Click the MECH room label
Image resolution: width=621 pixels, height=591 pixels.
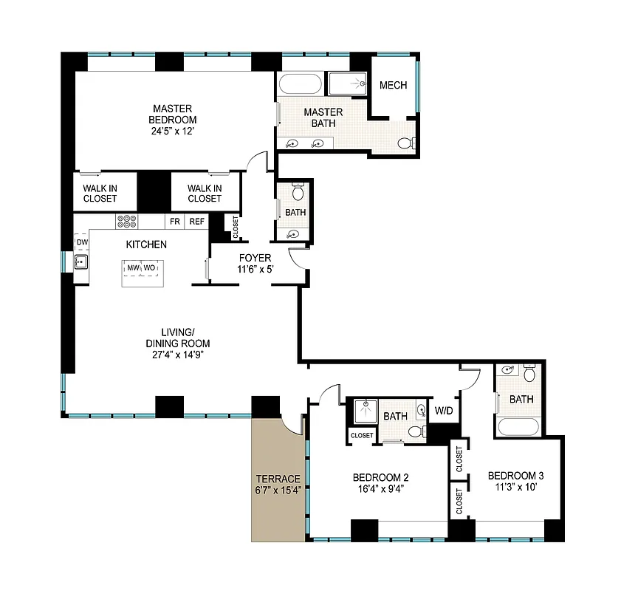[393, 86]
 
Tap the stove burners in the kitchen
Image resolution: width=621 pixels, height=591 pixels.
[126, 221]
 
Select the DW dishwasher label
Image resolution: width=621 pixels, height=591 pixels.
[81, 242]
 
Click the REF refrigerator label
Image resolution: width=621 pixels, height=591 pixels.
[196, 221]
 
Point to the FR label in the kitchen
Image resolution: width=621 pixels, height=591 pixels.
[175, 221]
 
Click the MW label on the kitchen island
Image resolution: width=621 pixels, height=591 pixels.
[133, 267]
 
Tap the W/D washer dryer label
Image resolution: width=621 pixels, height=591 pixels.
[444, 411]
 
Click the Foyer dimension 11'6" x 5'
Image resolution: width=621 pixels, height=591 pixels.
[255, 270]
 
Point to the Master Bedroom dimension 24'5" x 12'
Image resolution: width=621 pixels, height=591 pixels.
[173, 131]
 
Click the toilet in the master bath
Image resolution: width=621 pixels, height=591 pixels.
[405, 143]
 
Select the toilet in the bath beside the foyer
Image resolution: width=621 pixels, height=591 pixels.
[298, 193]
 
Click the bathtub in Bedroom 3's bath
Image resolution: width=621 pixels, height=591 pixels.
[520, 426]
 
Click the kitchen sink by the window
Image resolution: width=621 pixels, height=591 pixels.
[81, 262]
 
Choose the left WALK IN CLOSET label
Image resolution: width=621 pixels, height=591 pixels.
[99, 193]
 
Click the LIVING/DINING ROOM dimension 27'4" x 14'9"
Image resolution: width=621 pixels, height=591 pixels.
[176, 354]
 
